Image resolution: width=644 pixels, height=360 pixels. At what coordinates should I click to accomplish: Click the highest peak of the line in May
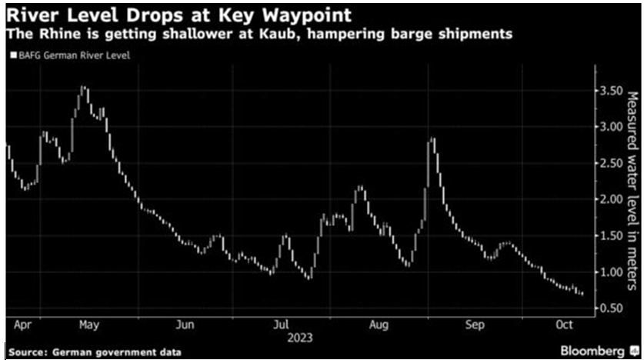(83, 88)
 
